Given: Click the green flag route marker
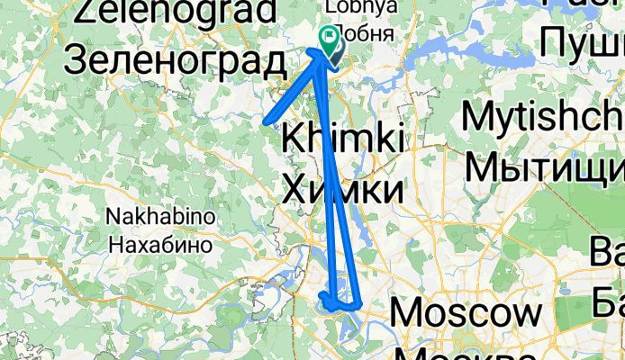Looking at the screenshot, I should [x=329, y=38].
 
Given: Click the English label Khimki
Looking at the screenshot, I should [x=343, y=139].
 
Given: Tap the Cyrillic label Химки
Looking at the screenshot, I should [x=342, y=190].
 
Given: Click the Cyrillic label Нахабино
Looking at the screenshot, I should [x=160, y=243].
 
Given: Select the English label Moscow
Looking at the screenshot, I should [x=467, y=314].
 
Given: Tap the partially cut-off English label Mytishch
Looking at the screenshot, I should [x=544, y=118].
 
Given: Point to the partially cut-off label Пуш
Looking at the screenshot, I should [x=582, y=42].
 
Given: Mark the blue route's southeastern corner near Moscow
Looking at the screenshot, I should [x=360, y=303].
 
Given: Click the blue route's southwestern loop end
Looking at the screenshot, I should [x=322, y=295].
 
